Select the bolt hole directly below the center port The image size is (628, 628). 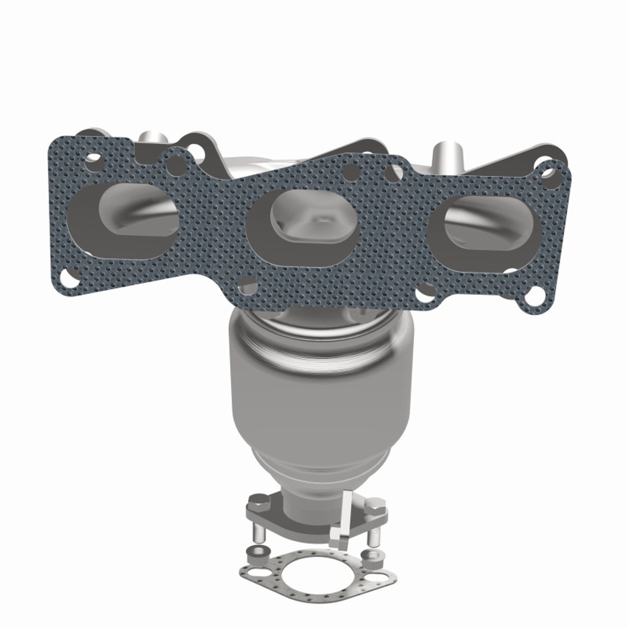(x=249, y=286)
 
